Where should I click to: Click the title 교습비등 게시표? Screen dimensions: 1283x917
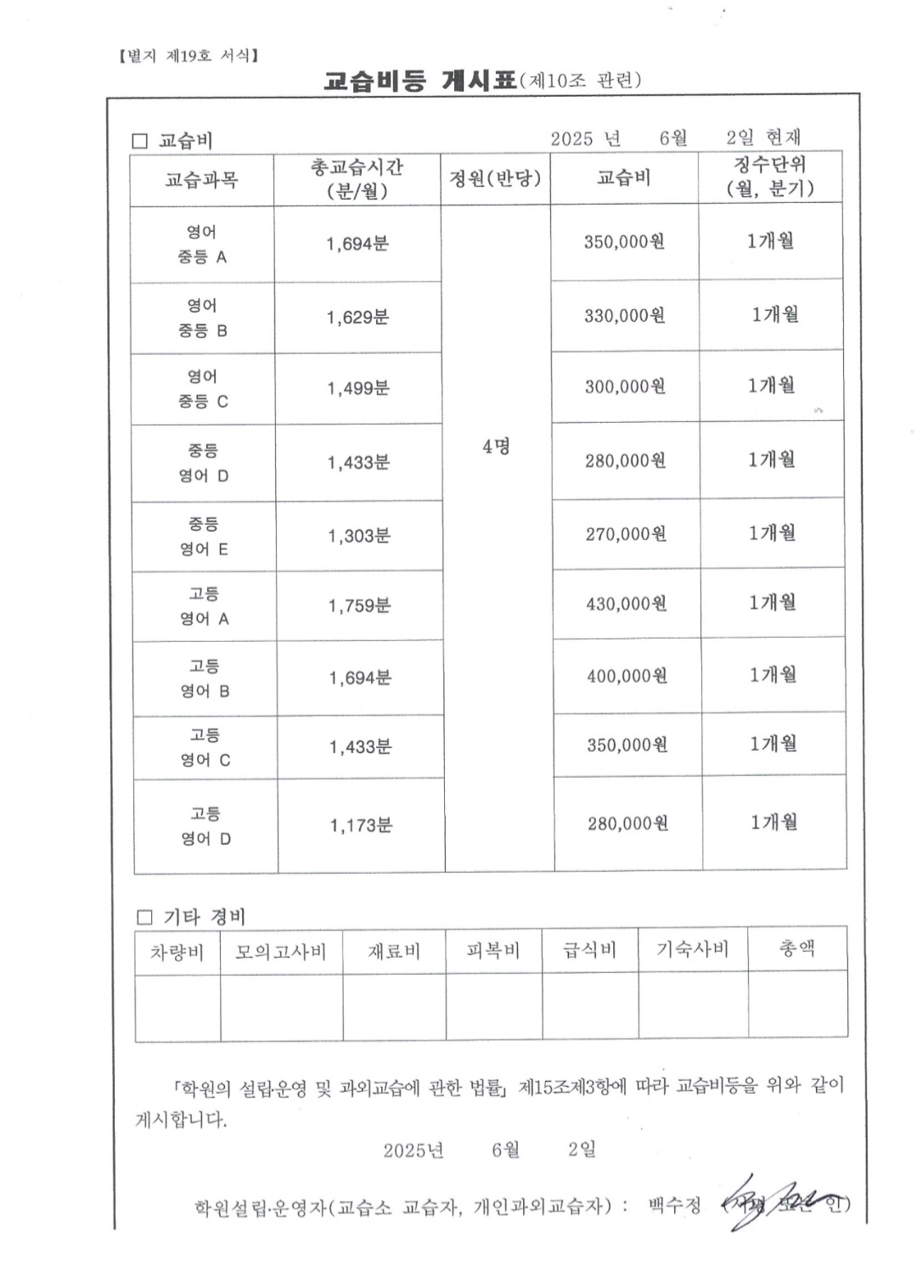[420, 81]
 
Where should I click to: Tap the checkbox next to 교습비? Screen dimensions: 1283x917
[140, 141]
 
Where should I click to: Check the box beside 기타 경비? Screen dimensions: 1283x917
[144, 917]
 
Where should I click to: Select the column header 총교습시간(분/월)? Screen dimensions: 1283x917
[357, 179]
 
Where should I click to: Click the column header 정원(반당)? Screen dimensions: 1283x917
[495, 178]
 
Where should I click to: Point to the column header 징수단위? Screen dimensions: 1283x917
[770, 177]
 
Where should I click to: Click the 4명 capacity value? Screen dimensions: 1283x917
[497, 447]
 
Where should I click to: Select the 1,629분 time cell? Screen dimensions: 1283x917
[357, 318]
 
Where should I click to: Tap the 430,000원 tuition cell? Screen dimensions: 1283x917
[627, 604]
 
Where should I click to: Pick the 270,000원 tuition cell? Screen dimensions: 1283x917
[626, 534]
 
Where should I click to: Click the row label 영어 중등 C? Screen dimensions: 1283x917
[203, 389]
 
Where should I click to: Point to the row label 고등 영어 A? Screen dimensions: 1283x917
[205, 606]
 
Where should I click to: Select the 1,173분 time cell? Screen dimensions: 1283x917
[361, 825]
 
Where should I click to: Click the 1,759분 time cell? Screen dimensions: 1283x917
[359, 605]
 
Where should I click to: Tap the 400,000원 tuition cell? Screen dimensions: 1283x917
[627, 676]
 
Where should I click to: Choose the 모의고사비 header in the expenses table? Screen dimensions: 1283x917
[281, 951]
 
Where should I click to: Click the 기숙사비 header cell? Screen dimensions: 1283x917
[693, 949]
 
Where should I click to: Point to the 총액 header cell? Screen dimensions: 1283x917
[797, 948]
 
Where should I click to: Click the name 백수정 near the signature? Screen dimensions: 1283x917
[675, 1205]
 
